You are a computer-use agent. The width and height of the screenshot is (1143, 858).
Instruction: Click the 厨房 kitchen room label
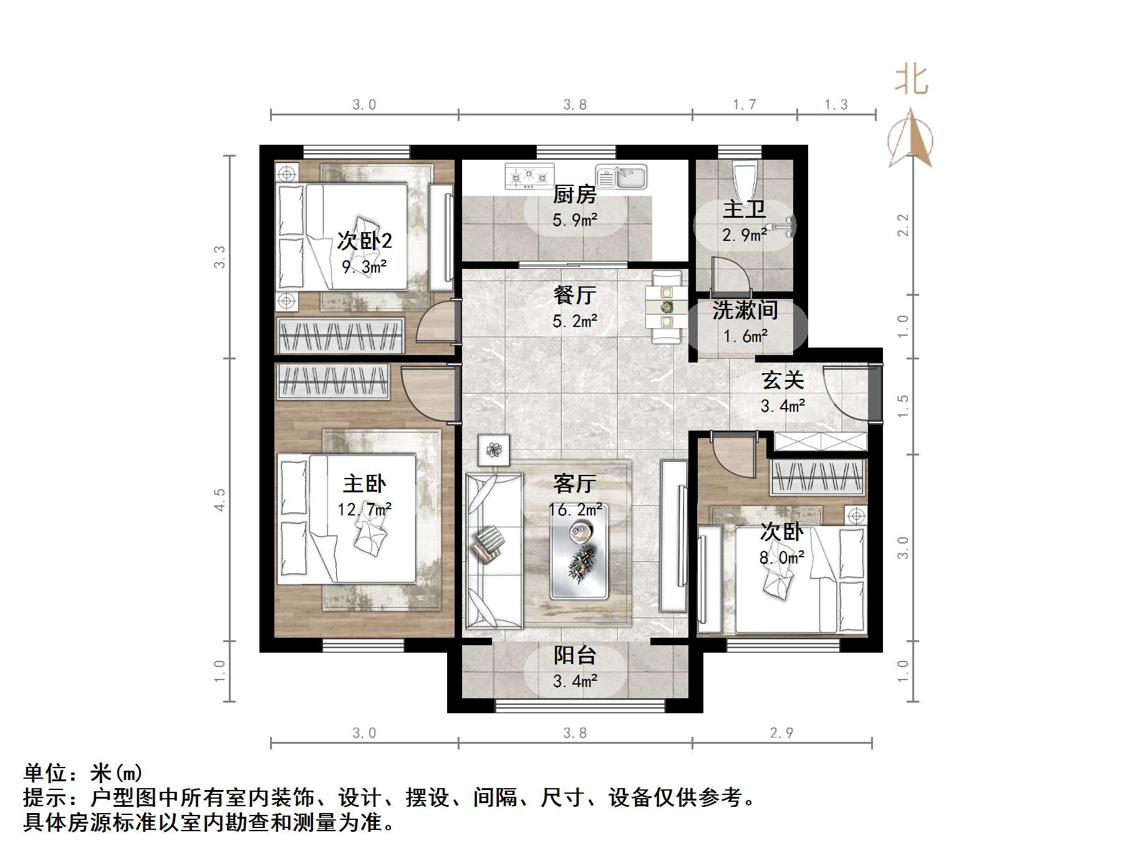[574, 195]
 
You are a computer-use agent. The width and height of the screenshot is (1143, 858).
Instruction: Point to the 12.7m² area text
[365, 510]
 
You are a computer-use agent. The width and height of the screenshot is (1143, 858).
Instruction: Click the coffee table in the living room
[579, 552]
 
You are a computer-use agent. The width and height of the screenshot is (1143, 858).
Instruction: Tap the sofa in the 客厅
[494, 551]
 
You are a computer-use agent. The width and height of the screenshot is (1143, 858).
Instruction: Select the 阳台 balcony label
[574, 655]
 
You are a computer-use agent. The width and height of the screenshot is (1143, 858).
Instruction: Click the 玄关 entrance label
[783, 380]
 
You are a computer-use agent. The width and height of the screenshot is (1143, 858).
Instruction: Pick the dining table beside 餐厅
[667, 306]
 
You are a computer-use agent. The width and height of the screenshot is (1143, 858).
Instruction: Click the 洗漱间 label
[745, 310]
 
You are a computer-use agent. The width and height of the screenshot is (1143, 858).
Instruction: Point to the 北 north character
[911, 80]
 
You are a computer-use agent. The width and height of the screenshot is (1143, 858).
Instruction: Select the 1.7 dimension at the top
[744, 104]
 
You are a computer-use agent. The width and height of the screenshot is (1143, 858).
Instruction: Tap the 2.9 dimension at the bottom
[781, 733]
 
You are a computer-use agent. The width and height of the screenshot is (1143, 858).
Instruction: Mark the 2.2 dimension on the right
[902, 225]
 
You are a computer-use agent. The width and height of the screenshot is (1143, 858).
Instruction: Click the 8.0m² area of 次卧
[781, 557]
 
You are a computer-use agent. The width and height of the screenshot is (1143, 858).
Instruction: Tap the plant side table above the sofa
[494, 450]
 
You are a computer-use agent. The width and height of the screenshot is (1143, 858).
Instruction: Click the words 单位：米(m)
[83, 773]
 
